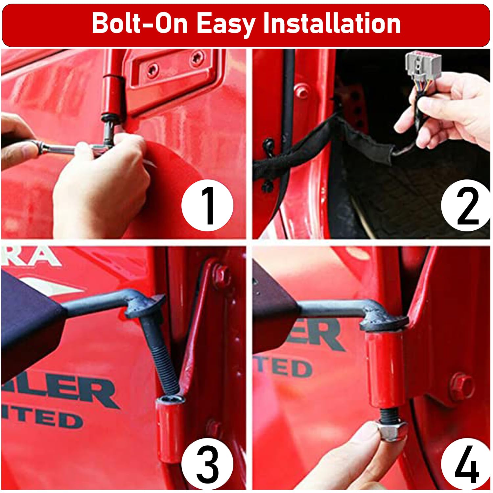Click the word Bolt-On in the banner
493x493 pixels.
[140, 24]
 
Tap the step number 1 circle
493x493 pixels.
[207, 205]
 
